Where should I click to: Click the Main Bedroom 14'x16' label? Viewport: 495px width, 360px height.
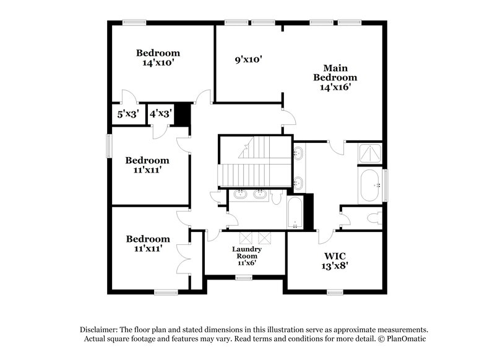point(335,77)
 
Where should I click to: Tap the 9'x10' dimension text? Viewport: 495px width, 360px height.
point(249,60)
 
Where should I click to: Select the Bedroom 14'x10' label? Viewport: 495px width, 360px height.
point(158,58)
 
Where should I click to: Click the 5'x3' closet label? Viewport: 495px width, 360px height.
point(128,114)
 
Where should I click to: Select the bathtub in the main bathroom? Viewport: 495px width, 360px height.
point(371,185)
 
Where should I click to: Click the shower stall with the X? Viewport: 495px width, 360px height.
point(370,152)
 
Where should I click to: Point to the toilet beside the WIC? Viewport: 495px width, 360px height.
point(373,218)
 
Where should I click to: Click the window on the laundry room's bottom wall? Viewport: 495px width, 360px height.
point(243,278)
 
